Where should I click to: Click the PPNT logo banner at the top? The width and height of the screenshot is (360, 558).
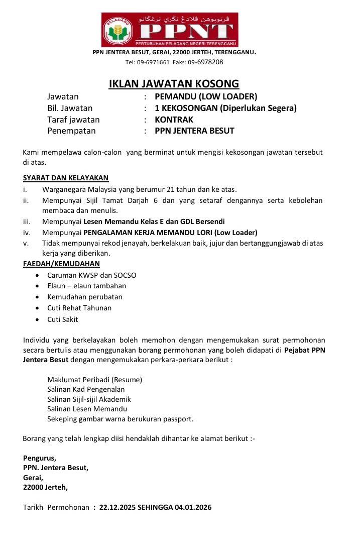tap(170, 30)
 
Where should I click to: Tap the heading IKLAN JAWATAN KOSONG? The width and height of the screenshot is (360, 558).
tap(174, 83)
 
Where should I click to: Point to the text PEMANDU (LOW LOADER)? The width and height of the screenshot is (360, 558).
tap(206, 96)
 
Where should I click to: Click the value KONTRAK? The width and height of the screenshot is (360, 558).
tap(174, 120)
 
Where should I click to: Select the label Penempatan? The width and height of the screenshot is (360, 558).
tap(71, 131)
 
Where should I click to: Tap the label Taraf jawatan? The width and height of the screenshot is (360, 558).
tap(73, 120)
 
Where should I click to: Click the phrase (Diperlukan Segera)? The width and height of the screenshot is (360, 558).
tap(260, 108)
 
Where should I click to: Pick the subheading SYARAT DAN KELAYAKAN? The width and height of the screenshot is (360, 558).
tap(66, 178)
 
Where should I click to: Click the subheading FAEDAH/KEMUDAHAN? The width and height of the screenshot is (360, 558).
tap(61, 264)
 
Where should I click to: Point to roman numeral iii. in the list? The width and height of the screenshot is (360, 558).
tap(27, 221)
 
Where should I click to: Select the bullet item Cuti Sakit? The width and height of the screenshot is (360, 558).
tap(63, 319)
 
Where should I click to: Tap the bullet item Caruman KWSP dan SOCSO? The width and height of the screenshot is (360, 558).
tap(92, 275)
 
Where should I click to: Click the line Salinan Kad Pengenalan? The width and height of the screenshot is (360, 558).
tap(86, 389)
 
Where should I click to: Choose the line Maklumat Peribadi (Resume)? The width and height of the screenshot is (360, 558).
tap(94, 380)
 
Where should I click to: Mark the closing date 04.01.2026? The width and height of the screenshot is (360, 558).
tap(193, 507)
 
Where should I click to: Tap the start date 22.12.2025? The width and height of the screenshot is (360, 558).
tap(117, 507)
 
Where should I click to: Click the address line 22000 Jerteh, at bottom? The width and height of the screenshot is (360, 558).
tap(45, 487)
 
